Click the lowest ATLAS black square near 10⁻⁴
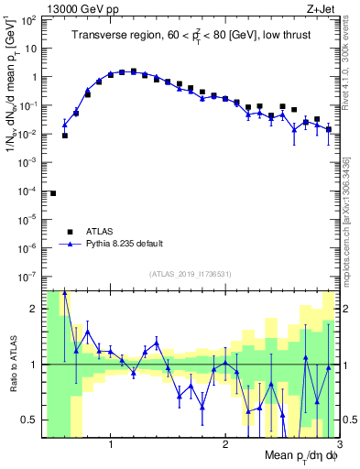53,193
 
